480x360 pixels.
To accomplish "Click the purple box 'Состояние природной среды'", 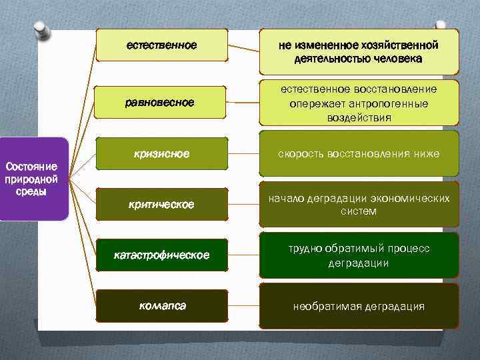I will tap(35, 179).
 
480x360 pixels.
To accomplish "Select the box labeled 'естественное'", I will tap(162, 45).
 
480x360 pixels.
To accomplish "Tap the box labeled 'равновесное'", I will tap(162, 102).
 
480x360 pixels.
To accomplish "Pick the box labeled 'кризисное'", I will tap(162, 154).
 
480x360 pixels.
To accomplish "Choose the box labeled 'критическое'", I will tap(162, 205).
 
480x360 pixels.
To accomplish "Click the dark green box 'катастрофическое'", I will tap(162, 255).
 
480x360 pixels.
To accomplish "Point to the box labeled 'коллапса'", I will tap(162, 306).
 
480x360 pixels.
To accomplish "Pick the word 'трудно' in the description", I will tap(305, 249).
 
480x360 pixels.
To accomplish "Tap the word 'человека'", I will tap(398, 59).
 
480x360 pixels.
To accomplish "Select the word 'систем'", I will tap(359, 211).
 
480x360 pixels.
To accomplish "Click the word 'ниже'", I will tap(426, 154).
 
